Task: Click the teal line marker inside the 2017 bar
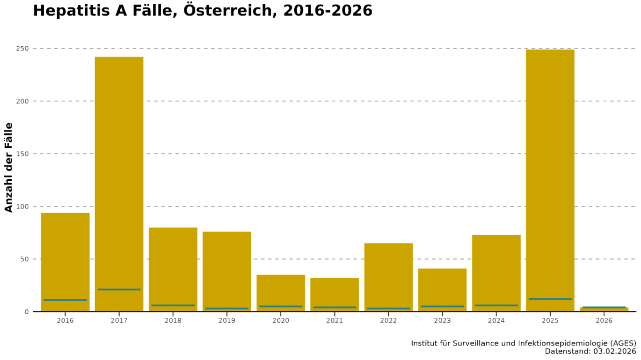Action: [x=119, y=289]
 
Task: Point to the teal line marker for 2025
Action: [x=550, y=299]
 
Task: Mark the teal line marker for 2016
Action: [x=65, y=300]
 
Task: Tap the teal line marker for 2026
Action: [x=604, y=307]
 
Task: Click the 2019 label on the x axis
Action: [x=227, y=321]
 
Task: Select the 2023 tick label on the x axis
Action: [x=442, y=321]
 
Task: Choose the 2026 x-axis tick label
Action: [x=604, y=321]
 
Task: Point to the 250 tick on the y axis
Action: [x=23, y=49]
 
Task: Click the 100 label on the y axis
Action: [x=23, y=206]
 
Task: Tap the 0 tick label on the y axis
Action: [x=27, y=311]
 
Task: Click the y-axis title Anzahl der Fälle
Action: [x=9, y=167]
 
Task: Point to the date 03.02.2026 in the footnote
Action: [x=611, y=352]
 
